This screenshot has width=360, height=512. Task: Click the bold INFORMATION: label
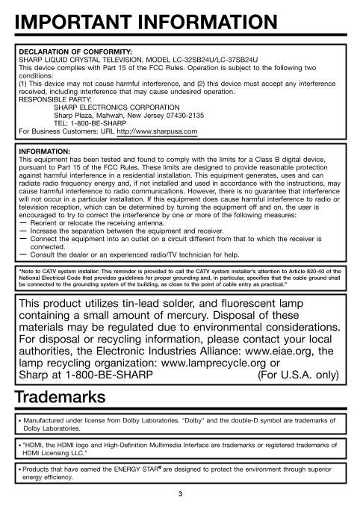pyautogui.click(x=43, y=151)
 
